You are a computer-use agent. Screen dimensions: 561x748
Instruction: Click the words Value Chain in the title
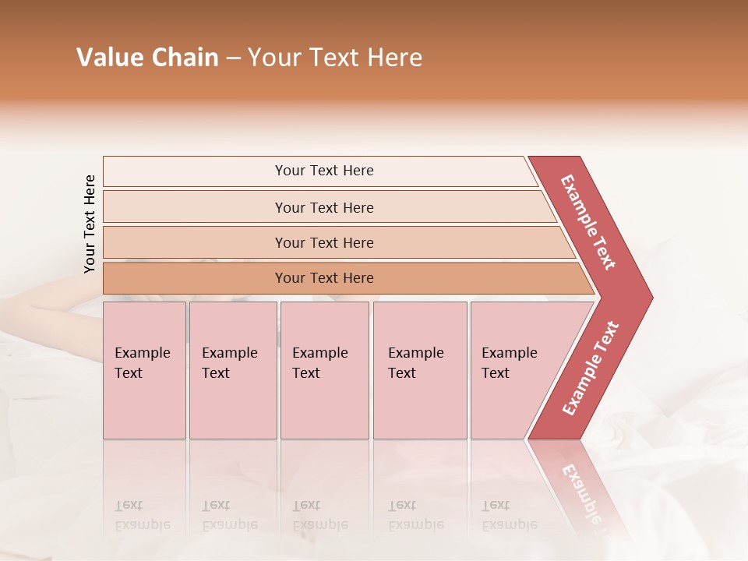(147, 58)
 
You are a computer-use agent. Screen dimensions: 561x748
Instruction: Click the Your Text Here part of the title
(335, 58)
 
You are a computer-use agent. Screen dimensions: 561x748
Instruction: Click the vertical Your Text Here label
(90, 224)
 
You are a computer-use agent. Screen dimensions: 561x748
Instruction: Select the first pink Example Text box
(144, 370)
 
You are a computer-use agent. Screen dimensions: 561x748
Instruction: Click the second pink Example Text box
(232, 370)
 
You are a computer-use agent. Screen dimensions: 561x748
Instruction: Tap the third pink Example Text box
(323, 370)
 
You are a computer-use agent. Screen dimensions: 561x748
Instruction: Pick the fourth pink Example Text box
(419, 370)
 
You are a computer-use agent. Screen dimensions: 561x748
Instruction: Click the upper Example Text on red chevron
(588, 222)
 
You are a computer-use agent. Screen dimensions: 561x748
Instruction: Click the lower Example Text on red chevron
(591, 368)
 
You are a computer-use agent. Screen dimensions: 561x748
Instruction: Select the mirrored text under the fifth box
(509, 515)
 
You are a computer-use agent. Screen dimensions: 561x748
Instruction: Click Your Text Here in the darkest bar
(324, 278)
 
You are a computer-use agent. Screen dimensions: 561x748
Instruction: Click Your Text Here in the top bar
(324, 171)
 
